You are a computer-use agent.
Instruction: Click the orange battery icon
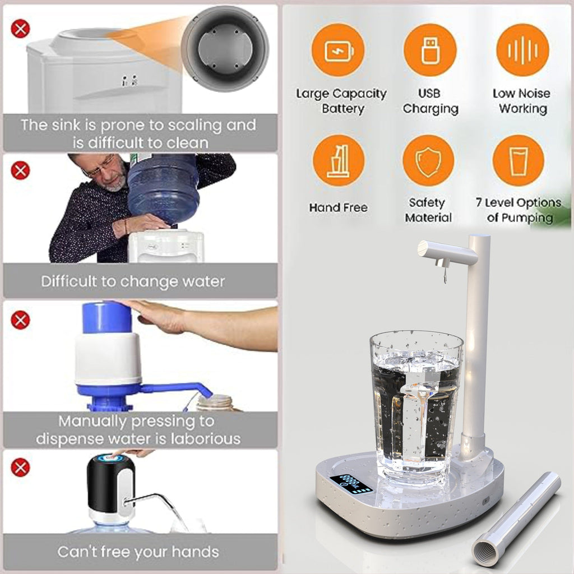(x=338, y=50)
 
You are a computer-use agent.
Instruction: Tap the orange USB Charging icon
(x=430, y=50)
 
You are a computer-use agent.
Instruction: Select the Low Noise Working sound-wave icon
(x=522, y=50)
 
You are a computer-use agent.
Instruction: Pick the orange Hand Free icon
(x=338, y=161)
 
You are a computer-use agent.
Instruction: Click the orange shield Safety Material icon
(x=428, y=161)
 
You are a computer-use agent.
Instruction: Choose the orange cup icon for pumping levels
(x=518, y=161)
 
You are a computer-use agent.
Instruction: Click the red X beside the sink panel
(x=20, y=28)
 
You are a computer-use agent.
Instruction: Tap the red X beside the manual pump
(x=20, y=320)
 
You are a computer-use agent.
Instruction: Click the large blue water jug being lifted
(x=163, y=188)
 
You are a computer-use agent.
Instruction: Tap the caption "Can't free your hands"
(x=138, y=552)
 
